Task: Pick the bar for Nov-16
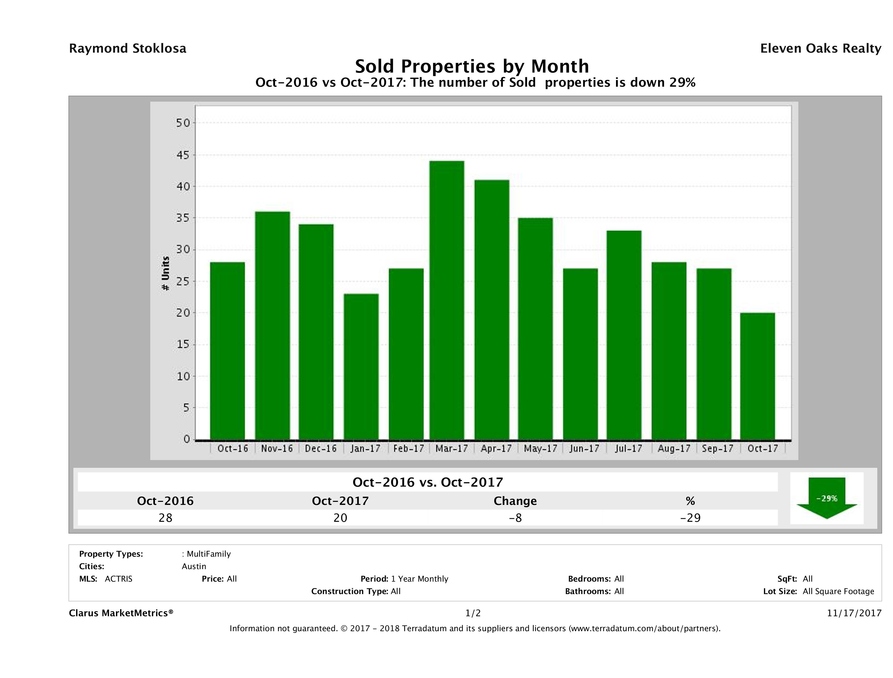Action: [273, 326]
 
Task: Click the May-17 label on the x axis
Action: [540, 448]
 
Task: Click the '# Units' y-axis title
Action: [165, 274]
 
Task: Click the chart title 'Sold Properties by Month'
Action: [472, 66]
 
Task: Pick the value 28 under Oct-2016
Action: [165, 518]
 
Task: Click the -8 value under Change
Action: [515, 518]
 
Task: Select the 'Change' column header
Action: [515, 501]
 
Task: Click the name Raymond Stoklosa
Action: [128, 48]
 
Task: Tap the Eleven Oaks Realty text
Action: [820, 48]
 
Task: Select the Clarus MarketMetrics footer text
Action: [121, 613]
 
